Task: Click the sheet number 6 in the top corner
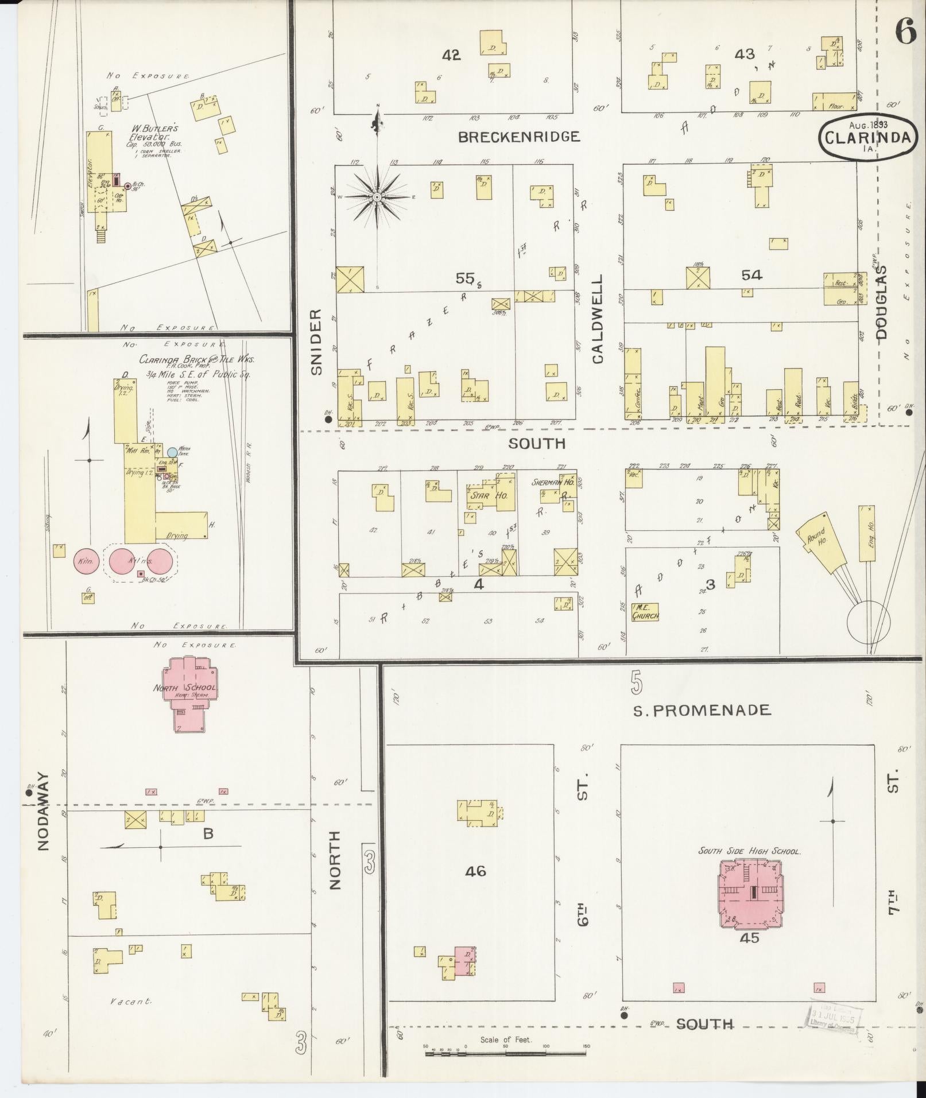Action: pyautogui.click(x=905, y=32)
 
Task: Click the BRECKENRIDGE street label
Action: pyautogui.click(x=519, y=137)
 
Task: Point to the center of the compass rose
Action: pyautogui.click(x=377, y=197)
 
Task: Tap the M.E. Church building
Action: pyautogui.click(x=645, y=612)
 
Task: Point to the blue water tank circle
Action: pyautogui.click(x=172, y=452)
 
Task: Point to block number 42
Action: pyautogui.click(x=451, y=55)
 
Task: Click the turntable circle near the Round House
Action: pyautogui.click(x=869, y=622)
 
